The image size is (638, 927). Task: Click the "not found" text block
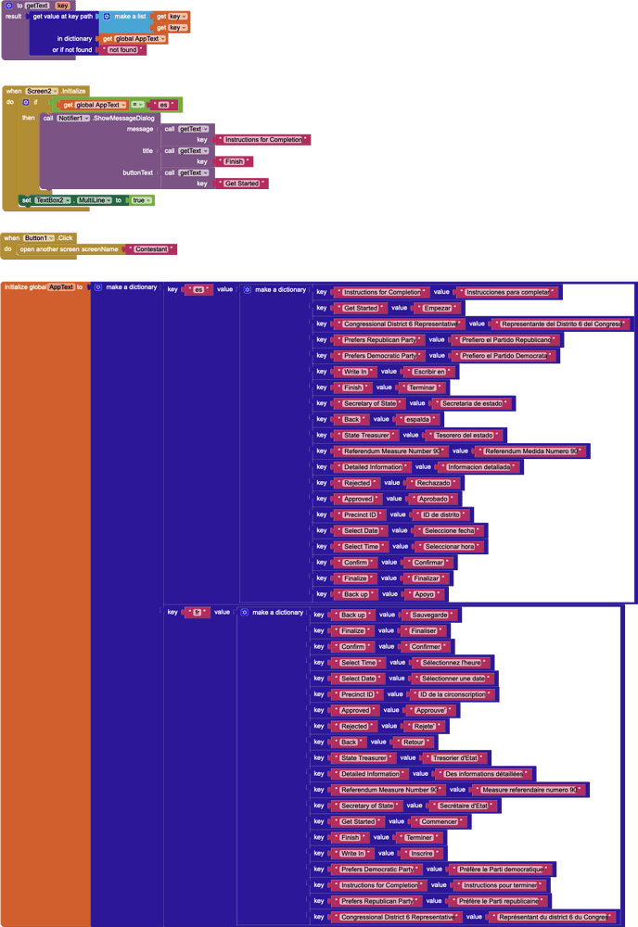(x=122, y=49)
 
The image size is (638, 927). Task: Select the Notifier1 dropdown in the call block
(x=73, y=118)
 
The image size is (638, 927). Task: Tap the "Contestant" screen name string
(x=152, y=249)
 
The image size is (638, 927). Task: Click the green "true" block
(x=141, y=200)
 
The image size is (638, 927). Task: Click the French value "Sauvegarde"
(x=429, y=615)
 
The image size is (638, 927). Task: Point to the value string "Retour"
(x=412, y=742)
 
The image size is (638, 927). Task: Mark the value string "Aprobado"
(x=433, y=499)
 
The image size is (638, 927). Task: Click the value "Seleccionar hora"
(x=449, y=546)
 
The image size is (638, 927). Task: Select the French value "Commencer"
(x=440, y=821)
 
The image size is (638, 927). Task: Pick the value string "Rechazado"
(x=433, y=483)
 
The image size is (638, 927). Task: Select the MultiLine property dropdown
(x=95, y=200)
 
